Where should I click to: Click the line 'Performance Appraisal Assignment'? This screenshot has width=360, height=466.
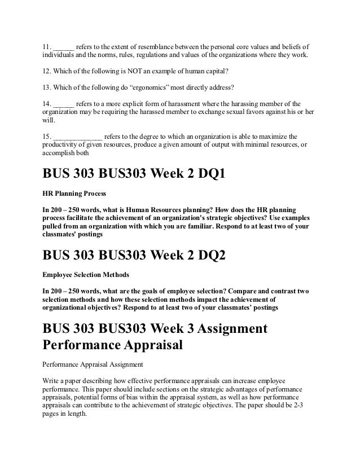click(x=93, y=365)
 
